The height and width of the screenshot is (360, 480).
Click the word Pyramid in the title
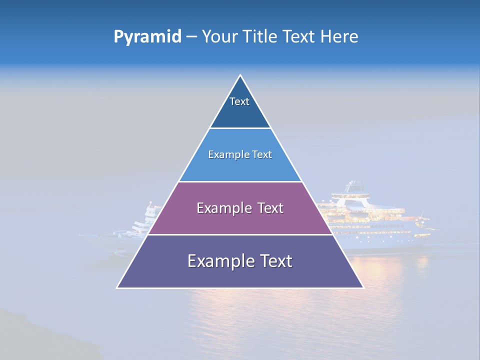(147, 37)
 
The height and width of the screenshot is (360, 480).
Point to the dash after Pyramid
(191, 37)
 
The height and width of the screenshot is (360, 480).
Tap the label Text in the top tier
(239, 101)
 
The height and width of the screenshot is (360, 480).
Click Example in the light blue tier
(224, 155)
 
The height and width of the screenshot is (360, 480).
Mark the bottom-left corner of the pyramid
(117, 287)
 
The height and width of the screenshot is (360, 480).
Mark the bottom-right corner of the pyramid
(363, 287)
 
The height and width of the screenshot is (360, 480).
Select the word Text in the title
(298, 36)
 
